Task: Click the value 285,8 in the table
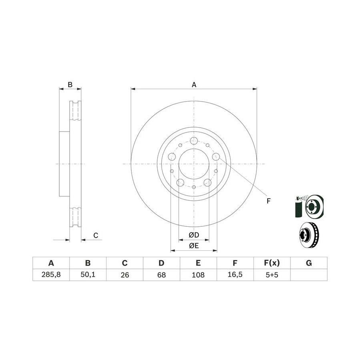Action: (x=51, y=274)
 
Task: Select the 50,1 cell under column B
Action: (x=88, y=274)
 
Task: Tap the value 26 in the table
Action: (x=125, y=274)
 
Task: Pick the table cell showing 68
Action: (x=162, y=274)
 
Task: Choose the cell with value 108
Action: (x=198, y=274)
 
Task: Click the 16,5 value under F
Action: (x=235, y=274)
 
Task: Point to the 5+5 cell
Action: (x=272, y=274)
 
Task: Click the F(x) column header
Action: (x=272, y=263)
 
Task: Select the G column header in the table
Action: (x=309, y=263)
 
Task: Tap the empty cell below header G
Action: (x=309, y=274)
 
